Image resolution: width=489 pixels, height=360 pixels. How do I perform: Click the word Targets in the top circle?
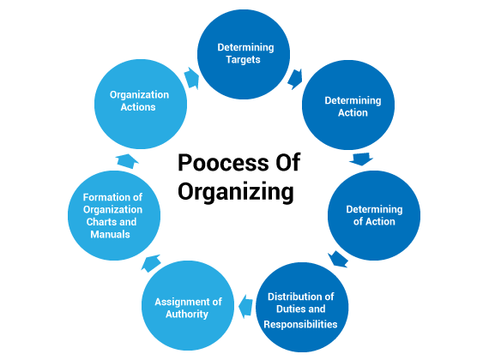click(x=243, y=59)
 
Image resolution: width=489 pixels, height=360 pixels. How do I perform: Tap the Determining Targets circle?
click(x=244, y=55)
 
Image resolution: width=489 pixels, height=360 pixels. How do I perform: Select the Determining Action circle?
click(x=348, y=105)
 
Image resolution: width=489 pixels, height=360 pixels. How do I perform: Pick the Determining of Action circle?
click(x=374, y=215)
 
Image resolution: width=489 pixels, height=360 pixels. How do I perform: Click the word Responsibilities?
click(x=300, y=324)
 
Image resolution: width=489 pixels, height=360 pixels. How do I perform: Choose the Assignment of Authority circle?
click(x=188, y=305)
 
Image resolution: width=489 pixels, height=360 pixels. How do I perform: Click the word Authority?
click(x=187, y=315)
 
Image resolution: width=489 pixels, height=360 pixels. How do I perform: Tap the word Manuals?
click(x=110, y=234)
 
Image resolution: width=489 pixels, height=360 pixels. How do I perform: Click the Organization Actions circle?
click(x=141, y=104)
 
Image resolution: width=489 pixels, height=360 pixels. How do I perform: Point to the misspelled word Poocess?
click(x=223, y=162)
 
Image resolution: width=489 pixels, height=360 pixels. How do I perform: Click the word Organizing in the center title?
click(x=236, y=191)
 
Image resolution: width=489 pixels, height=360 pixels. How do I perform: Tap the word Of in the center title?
click(x=287, y=162)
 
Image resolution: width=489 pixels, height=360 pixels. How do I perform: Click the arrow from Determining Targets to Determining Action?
click(x=295, y=79)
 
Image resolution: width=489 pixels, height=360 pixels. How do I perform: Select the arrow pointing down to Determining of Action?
click(x=361, y=159)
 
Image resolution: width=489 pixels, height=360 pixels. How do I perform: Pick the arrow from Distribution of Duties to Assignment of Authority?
click(x=245, y=306)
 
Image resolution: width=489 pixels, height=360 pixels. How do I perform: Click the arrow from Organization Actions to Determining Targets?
click(x=191, y=78)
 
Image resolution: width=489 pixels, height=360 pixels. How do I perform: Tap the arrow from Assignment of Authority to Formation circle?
click(x=151, y=263)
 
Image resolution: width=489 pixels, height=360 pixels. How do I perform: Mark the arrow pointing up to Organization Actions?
click(x=127, y=161)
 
